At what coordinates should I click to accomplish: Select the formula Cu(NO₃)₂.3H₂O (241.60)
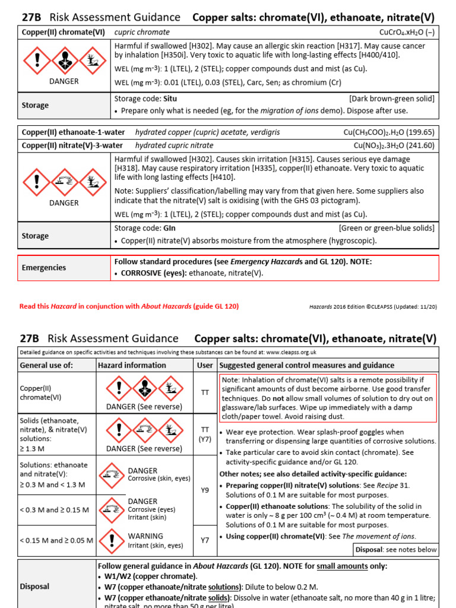pyautogui.click(x=394, y=145)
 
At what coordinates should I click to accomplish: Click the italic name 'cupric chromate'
pyautogui.click(x=142, y=32)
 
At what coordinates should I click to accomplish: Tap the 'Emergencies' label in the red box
pyautogui.click(x=44, y=268)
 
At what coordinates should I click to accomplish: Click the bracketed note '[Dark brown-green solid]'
pyautogui.click(x=391, y=99)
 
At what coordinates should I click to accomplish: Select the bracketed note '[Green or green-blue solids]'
pyautogui.click(x=387, y=228)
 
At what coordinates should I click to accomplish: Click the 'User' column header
pyautogui.click(x=205, y=365)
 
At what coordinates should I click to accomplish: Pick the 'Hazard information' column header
pyautogui.click(x=132, y=365)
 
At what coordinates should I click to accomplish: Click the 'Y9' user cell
pyautogui.click(x=205, y=490)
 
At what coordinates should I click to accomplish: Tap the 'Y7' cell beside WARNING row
pyautogui.click(x=205, y=540)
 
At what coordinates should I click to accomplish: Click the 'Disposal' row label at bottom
pyautogui.click(x=34, y=586)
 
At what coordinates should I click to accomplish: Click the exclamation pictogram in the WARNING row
pyautogui.click(x=112, y=540)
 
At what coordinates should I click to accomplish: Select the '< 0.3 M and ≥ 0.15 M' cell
pyautogui.click(x=54, y=510)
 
